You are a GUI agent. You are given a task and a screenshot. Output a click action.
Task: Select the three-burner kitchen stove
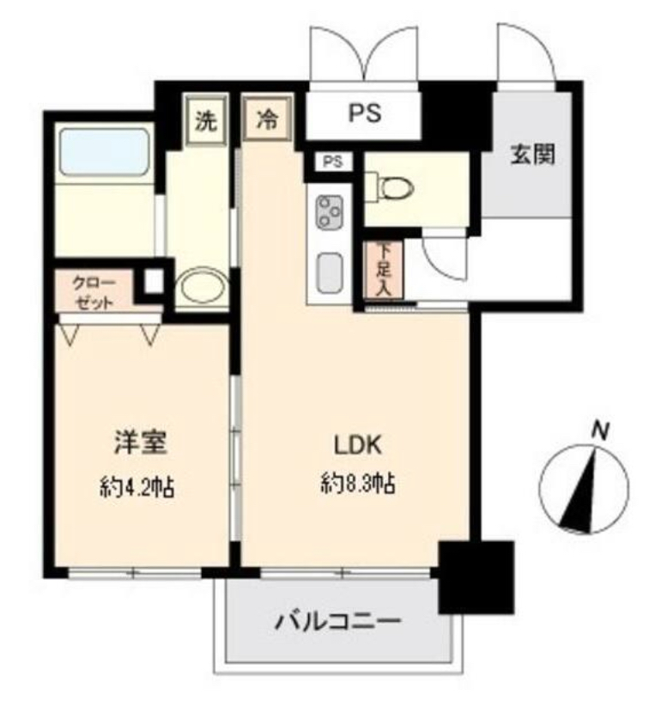coord(330,212)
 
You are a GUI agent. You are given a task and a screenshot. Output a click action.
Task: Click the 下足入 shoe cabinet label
coord(383,269)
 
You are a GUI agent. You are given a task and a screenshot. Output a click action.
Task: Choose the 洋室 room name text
coord(140,443)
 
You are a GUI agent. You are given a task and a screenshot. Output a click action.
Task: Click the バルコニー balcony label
coord(337,621)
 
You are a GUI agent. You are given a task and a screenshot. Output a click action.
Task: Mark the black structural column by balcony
coord(475,576)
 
